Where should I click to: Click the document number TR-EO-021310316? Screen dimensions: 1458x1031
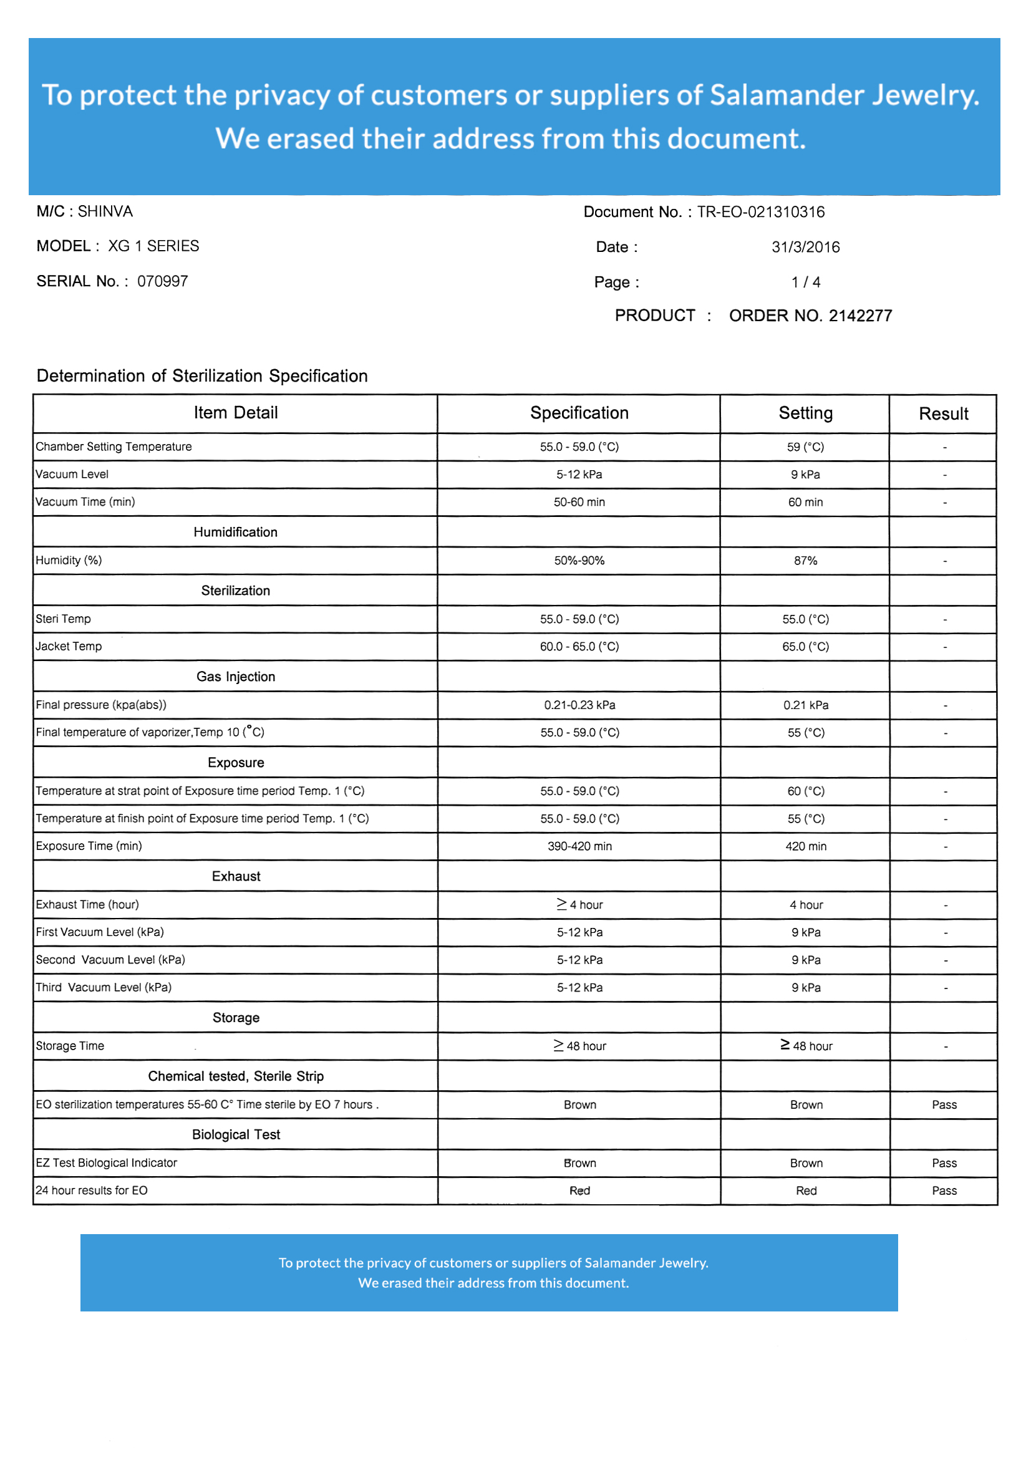(x=760, y=212)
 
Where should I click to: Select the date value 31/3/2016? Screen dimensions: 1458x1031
(x=805, y=247)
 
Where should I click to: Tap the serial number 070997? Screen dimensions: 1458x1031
(x=163, y=281)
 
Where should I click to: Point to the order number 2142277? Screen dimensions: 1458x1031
(x=810, y=316)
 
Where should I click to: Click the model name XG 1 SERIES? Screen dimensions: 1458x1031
(x=153, y=246)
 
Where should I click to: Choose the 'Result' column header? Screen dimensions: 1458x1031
(x=942, y=414)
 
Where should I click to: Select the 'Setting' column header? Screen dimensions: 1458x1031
(x=805, y=413)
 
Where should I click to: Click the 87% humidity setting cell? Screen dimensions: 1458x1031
(x=805, y=561)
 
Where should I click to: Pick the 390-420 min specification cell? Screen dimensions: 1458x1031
(x=579, y=846)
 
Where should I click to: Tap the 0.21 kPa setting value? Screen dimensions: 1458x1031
(x=805, y=705)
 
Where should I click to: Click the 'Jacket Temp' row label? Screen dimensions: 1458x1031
(x=69, y=647)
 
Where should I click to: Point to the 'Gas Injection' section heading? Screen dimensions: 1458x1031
(x=236, y=677)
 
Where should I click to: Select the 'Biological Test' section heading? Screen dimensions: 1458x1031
(x=236, y=1135)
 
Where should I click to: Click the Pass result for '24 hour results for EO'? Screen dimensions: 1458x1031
(x=943, y=1191)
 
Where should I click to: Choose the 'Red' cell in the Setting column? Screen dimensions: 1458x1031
(x=805, y=1191)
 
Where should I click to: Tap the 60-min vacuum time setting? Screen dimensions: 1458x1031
(x=805, y=502)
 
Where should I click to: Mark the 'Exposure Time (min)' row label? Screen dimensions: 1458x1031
(x=89, y=846)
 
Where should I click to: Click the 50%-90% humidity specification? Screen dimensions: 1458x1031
(x=579, y=561)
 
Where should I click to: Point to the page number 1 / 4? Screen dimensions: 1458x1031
(x=805, y=282)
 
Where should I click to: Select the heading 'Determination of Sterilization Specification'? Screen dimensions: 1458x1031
(x=202, y=376)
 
